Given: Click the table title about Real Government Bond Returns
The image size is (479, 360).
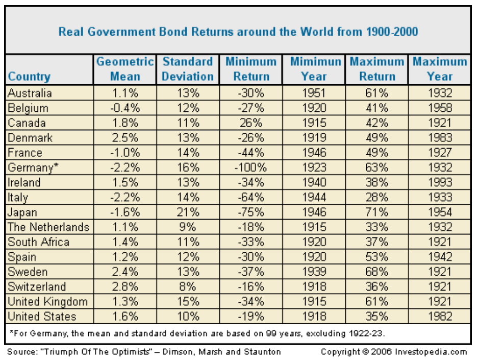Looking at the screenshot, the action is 238,32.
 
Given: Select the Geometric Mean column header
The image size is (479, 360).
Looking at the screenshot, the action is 125,69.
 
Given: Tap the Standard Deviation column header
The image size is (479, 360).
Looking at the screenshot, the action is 188,69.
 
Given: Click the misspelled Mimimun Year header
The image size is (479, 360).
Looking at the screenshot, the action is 315,69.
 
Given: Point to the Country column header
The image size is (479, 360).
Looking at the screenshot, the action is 29,77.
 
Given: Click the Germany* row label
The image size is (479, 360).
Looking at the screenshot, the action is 33,167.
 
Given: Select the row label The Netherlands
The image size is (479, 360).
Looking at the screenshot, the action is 48,227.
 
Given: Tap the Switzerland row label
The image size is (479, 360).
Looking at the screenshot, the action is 37,286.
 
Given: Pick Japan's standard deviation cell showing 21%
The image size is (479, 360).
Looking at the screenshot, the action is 188,212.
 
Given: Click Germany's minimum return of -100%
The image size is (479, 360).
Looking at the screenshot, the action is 250,167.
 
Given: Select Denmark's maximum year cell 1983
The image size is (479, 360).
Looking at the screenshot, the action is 440,138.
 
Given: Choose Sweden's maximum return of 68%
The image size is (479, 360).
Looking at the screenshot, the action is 376,272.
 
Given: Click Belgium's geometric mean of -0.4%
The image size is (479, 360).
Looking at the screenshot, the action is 125,108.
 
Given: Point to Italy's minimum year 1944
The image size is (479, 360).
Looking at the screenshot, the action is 314,197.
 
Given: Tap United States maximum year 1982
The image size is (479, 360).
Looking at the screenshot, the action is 440,316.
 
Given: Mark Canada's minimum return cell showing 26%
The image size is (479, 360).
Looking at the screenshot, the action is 251,123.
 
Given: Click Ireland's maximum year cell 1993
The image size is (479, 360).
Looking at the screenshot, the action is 440,182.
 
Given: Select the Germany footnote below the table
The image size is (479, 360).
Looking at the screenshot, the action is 197,333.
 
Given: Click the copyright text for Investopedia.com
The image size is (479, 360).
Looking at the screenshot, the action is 394,352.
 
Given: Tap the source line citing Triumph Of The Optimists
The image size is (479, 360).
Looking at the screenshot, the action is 144,352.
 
